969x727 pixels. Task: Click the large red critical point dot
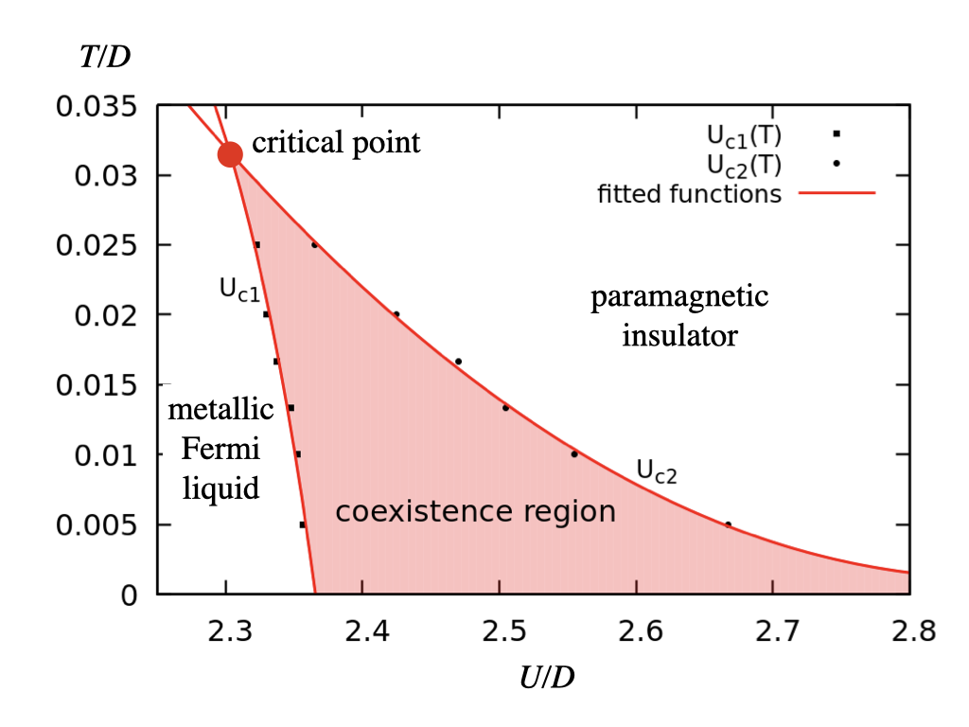tap(230, 153)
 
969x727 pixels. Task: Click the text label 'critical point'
tap(336, 144)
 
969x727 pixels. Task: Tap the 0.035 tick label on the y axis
tap(96, 106)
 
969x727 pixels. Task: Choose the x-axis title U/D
tap(550, 678)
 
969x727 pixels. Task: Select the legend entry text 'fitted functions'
tap(690, 194)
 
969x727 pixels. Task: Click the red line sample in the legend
tap(837, 193)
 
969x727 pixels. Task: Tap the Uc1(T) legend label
tap(744, 135)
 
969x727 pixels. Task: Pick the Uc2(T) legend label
tap(744, 165)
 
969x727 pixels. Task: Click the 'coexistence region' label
tap(475, 512)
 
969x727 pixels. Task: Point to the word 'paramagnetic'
tap(679, 297)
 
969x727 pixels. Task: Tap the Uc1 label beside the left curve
tap(239, 290)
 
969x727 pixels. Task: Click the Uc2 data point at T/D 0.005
tap(728, 524)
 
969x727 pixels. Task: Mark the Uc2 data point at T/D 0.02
tap(396, 314)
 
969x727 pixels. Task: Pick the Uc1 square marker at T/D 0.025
tap(256, 245)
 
